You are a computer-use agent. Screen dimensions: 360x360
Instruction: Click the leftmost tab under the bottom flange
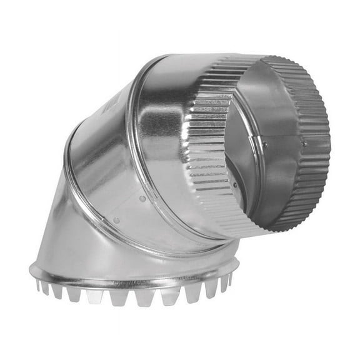[39, 287]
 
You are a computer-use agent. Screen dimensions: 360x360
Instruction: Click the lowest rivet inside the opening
[234, 184]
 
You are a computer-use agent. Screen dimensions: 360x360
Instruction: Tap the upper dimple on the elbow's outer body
[142, 199]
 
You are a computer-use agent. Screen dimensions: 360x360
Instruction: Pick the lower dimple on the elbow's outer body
[116, 220]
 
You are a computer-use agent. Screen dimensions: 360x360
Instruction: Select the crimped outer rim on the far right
[319, 144]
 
